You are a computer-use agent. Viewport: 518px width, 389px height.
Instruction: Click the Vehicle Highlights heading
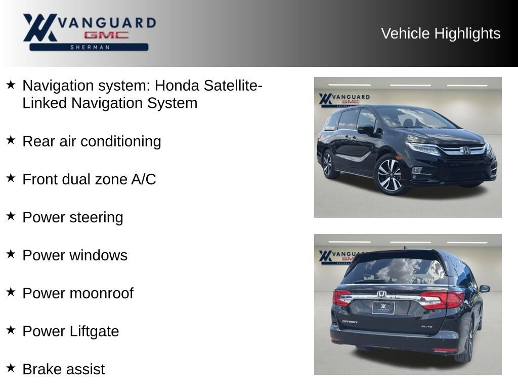coord(441,33)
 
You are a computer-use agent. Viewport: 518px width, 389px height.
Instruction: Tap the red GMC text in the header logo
coord(106,35)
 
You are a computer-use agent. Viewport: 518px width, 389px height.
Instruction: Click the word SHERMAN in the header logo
coord(90,47)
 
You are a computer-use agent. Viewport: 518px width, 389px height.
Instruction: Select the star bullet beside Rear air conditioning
coord(11,140)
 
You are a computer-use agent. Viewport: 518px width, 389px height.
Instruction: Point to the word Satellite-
coord(233,85)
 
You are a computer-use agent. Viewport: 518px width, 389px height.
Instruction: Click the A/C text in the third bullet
coord(143,179)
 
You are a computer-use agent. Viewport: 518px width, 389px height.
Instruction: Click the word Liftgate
coord(95,332)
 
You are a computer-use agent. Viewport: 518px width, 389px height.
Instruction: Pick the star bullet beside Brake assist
coord(11,368)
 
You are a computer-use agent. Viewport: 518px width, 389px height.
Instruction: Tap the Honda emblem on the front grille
coord(465,150)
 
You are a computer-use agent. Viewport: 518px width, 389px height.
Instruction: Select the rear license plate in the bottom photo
coord(383,307)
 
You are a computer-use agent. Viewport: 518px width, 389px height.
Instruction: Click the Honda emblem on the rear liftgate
coord(381,294)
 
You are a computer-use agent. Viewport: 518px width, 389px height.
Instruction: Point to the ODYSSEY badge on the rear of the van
coord(350,322)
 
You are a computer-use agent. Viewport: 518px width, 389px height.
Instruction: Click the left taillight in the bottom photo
coord(341,298)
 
